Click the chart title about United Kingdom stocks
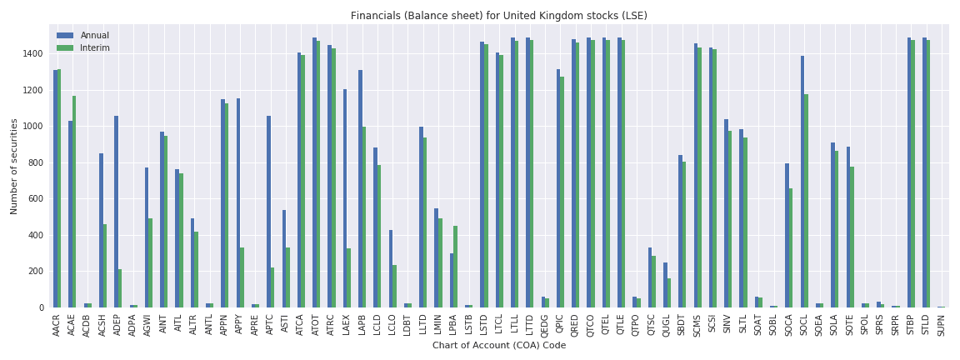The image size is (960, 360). [498, 16]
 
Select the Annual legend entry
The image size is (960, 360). [94, 36]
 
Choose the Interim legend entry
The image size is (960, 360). [94, 48]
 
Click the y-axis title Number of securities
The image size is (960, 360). [14, 167]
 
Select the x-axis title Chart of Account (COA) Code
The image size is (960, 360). [498, 346]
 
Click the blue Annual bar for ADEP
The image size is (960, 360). [117, 212]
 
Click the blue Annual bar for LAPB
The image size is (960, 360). [360, 188]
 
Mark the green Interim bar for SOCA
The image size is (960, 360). [791, 247]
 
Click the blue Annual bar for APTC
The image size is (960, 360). [268, 212]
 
